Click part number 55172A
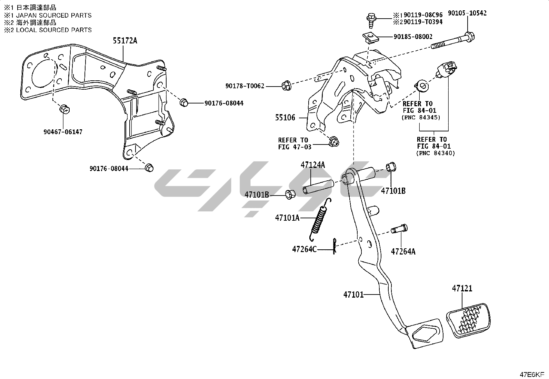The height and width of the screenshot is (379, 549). pyautogui.click(x=125, y=41)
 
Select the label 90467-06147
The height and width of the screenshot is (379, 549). pyautogui.click(x=63, y=132)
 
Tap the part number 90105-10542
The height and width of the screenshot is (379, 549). pyautogui.click(x=467, y=13)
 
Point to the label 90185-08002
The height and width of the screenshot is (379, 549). pyautogui.click(x=413, y=37)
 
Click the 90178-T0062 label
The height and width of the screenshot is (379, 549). pyautogui.click(x=245, y=86)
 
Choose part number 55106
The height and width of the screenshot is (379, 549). pyautogui.click(x=285, y=118)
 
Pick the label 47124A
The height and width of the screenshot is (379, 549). pyautogui.click(x=313, y=165)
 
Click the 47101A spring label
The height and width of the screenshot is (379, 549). pyautogui.click(x=287, y=218)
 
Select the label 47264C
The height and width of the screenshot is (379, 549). pyautogui.click(x=304, y=249)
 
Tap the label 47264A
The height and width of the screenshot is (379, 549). pyautogui.click(x=403, y=251)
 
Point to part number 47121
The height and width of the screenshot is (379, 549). pyautogui.click(x=462, y=288)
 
